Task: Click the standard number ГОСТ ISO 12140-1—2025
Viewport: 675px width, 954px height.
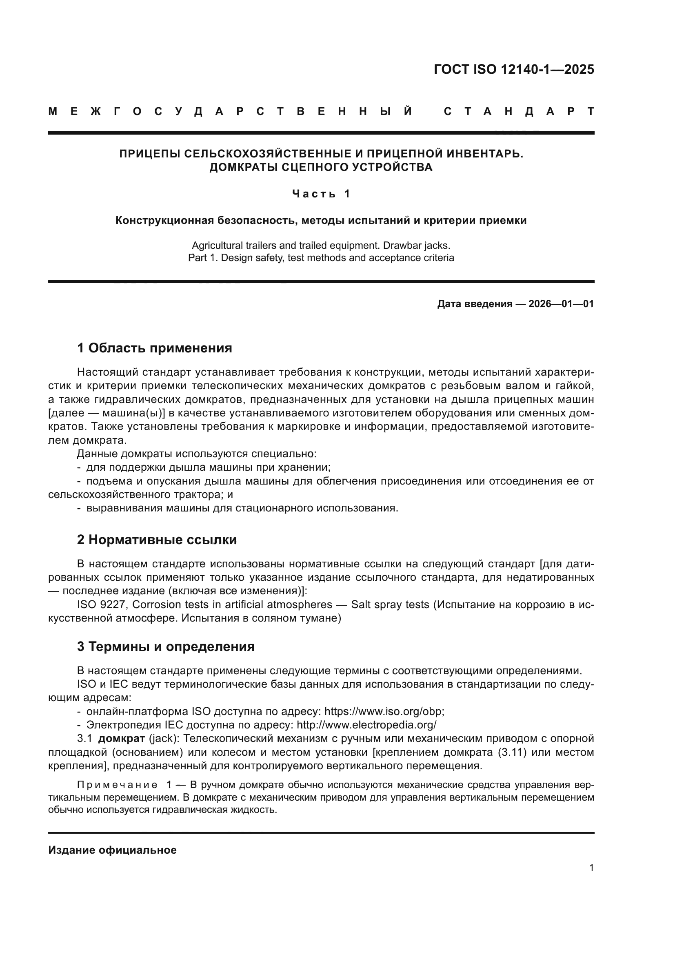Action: tap(514, 69)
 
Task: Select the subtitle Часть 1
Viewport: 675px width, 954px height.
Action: tap(321, 194)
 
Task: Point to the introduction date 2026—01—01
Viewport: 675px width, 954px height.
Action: tap(561, 304)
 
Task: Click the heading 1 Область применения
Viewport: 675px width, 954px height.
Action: tap(155, 348)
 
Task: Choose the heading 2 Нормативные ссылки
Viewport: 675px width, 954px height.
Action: tap(157, 540)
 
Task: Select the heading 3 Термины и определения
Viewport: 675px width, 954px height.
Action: tap(166, 646)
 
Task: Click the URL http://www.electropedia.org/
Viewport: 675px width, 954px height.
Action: tap(366, 725)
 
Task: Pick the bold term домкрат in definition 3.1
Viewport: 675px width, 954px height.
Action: tap(121, 738)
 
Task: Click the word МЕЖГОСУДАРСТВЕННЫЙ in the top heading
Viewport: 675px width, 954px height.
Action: tap(230, 111)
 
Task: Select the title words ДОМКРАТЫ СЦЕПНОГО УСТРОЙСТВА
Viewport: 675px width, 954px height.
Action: tap(321, 167)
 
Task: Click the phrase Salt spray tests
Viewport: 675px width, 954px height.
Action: tap(390, 604)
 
